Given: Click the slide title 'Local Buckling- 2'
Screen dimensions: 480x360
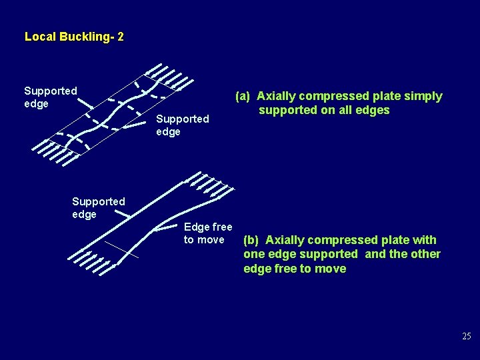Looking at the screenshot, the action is click(x=73, y=37).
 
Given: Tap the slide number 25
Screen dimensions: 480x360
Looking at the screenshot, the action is click(x=466, y=337).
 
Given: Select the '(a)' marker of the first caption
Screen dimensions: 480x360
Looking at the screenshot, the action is click(x=242, y=96).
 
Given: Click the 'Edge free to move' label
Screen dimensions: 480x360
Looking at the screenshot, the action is click(x=207, y=233).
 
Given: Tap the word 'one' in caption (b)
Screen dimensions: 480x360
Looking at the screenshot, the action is click(x=253, y=254).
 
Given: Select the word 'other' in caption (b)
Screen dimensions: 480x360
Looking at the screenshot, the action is click(x=424, y=254).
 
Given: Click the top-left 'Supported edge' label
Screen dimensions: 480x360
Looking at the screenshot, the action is click(x=50, y=97).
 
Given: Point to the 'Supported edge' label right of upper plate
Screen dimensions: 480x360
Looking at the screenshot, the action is click(x=182, y=125).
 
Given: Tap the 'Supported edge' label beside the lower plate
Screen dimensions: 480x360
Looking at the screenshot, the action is click(x=98, y=207).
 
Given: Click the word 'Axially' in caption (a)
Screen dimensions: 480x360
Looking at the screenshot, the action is click(x=277, y=96).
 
